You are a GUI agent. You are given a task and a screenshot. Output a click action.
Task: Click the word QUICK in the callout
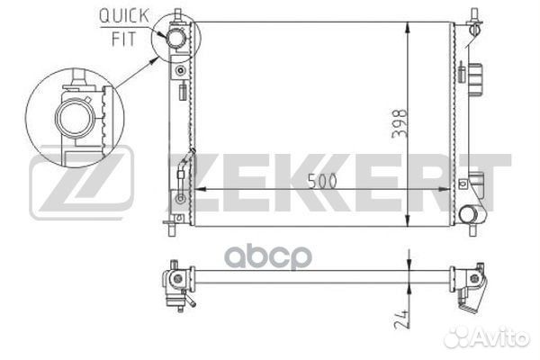coord(124,16)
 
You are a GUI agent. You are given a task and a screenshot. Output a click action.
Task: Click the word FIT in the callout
coord(124,39)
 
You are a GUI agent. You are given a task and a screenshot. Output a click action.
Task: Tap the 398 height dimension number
coord(400,123)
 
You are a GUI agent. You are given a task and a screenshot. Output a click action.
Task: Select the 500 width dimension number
coord(322,181)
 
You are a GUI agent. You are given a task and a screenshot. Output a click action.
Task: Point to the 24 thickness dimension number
coord(401,319)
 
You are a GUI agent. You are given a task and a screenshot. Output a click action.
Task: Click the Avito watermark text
coord(487,337)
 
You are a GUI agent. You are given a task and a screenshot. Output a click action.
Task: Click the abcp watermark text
coord(268,257)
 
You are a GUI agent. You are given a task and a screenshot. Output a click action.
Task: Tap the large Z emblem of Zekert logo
coord(82,182)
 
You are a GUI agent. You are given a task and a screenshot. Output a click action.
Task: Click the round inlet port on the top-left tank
coord(175,38)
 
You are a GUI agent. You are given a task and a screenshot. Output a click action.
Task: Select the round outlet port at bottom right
coord(468,214)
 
